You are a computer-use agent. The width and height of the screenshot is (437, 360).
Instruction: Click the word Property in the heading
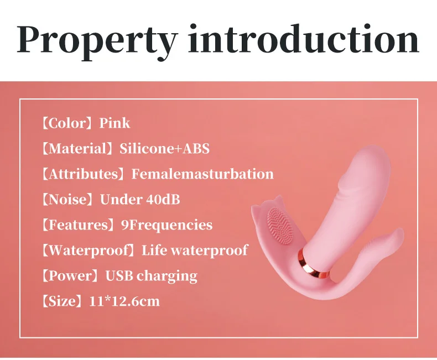97,41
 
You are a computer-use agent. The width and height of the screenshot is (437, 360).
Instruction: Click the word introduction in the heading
303,39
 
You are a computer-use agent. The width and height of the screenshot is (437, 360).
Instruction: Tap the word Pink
115,123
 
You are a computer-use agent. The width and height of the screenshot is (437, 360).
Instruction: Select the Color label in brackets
66,123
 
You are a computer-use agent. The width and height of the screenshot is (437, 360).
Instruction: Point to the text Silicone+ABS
164,149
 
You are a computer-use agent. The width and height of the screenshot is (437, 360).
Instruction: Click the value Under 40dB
140,200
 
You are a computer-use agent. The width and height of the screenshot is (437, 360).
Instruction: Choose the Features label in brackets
77,225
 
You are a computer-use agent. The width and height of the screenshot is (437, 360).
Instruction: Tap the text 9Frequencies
167,225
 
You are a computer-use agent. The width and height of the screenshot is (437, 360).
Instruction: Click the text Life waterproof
195,250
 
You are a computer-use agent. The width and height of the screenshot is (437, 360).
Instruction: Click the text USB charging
152,276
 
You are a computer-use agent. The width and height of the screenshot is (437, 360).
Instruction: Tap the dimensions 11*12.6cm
124,301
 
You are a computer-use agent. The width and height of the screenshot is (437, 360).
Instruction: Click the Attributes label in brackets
82,174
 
